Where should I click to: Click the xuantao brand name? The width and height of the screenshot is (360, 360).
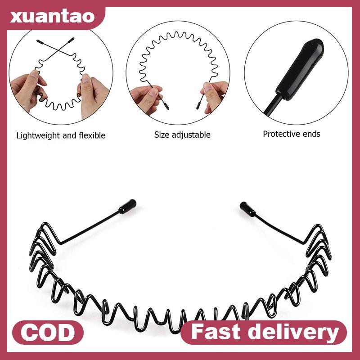(53, 17)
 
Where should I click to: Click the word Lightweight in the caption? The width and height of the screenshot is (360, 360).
(39, 135)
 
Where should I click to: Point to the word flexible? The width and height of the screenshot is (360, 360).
(90, 135)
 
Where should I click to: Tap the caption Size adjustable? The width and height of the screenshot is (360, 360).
(182, 135)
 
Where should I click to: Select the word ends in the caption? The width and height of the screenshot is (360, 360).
(312, 134)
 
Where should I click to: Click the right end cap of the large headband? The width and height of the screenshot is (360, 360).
(247, 208)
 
